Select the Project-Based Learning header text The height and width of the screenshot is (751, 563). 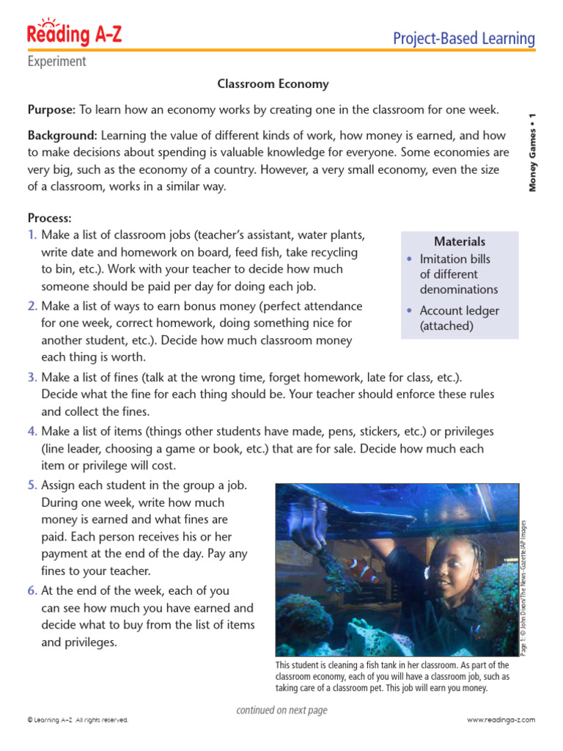click(x=463, y=38)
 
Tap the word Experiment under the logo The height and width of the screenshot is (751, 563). click(x=56, y=62)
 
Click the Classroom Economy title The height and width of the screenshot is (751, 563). click(x=273, y=84)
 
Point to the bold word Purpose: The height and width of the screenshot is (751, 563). click(x=51, y=110)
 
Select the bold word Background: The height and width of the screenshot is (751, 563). click(x=62, y=136)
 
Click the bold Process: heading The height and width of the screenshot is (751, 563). click(x=50, y=219)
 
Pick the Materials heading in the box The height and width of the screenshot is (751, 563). click(x=460, y=241)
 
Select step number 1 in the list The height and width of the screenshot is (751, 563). click(x=32, y=235)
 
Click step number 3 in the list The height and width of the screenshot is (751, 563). click(x=32, y=378)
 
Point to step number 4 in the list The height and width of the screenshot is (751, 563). click(x=32, y=431)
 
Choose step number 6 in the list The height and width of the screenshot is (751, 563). click(x=32, y=591)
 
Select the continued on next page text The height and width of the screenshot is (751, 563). click(x=281, y=710)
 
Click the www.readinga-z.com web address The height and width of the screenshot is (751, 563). click(x=501, y=720)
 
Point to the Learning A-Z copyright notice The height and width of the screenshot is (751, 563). click(x=78, y=720)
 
